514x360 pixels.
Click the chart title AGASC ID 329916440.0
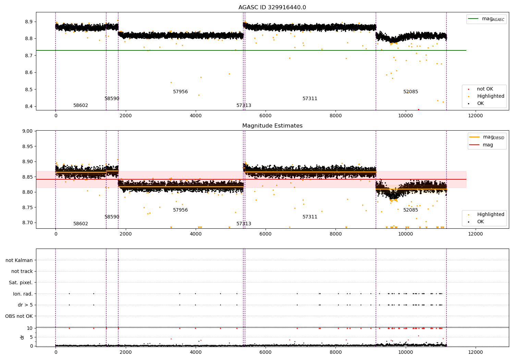coord(272,7)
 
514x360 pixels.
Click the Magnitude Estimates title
coord(272,125)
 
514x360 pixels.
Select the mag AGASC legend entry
coord(487,19)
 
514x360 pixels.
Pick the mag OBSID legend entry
coord(487,137)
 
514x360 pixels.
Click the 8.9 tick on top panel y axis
coord(29,22)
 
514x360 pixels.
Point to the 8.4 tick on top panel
coord(29,106)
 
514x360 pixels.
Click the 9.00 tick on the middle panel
coord(27,131)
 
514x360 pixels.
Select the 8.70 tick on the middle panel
coord(27,223)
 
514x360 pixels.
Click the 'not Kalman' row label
coord(19,260)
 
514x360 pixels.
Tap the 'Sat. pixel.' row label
coord(21,283)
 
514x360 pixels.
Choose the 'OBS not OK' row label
coord(19,316)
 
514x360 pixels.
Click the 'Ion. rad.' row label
coord(23,293)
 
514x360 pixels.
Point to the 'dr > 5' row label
coord(25,305)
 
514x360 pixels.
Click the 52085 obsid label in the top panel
coord(411,92)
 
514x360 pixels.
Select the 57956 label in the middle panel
coord(180,210)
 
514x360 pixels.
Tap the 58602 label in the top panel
coord(81,105)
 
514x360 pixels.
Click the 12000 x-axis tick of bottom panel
coord(476,352)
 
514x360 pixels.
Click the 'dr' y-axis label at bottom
coord(22,337)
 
